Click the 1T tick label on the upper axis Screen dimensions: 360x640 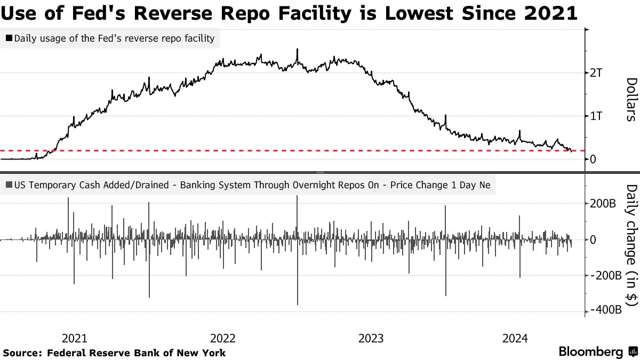point(596,116)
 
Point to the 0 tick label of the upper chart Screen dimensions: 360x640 point(593,159)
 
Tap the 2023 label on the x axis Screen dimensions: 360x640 point(371,338)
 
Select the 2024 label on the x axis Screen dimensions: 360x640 point(515,338)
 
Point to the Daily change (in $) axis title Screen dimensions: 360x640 point(630,246)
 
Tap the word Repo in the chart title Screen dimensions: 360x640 point(221,11)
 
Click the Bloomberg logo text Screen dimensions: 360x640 point(591,352)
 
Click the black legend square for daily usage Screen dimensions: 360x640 point(9,38)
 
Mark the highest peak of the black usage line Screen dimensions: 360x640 point(297,49)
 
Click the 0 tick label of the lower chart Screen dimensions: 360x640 point(593,240)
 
